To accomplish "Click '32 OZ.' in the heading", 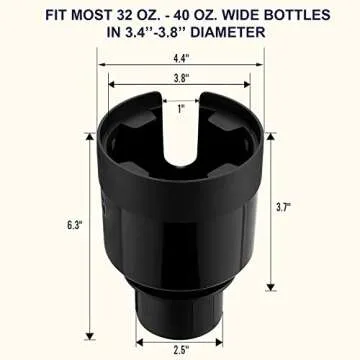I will tap(130, 13).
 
